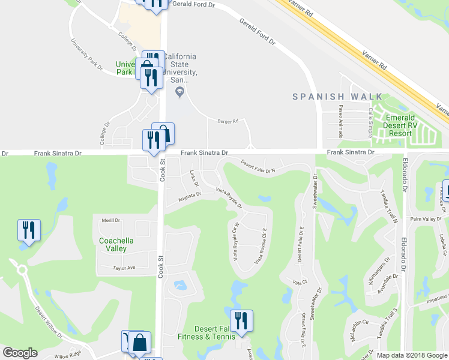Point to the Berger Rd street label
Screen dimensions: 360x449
tap(228, 121)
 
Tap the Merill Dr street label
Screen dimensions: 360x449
tap(111, 220)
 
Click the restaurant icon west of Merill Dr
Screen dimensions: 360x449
tap(29, 230)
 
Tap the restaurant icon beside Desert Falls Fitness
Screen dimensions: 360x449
tap(241, 320)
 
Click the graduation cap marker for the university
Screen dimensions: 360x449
tap(178, 92)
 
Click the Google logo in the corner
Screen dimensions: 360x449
tap(20, 353)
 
